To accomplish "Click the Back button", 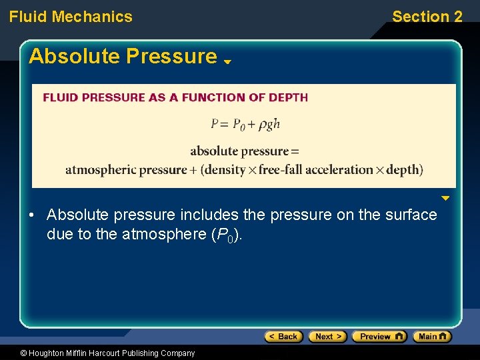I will [x=283, y=337].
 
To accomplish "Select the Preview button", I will [x=379, y=337].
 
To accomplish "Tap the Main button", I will [x=431, y=337].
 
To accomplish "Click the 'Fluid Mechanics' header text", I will [x=71, y=17].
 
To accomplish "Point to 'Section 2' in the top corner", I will [x=427, y=17].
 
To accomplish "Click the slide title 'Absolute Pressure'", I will [x=123, y=57].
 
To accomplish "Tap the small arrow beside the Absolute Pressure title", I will [x=227, y=61].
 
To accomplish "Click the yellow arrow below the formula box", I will [x=445, y=198].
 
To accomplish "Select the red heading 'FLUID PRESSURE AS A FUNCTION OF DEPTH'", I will [x=175, y=97].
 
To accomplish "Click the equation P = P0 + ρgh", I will [x=245, y=123].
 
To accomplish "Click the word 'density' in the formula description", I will [x=225, y=169].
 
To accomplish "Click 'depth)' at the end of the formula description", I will [x=404, y=169].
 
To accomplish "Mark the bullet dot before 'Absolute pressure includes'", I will [x=31, y=215].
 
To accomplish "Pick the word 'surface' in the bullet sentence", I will [x=413, y=215].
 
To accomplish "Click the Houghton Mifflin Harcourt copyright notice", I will [x=98, y=353].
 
